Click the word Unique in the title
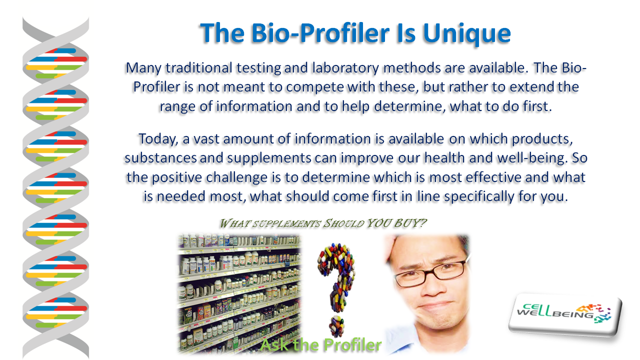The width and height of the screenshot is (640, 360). (x=467, y=33)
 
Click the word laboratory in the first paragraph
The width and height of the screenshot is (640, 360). (x=345, y=68)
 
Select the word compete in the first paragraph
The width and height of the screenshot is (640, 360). (x=314, y=87)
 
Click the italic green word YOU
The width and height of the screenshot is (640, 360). (x=378, y=223)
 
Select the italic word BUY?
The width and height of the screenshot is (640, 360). (x=409, y=223)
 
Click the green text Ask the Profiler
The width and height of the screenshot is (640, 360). (x=320, y=345)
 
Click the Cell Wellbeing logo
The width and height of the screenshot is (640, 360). (x=565, y=314)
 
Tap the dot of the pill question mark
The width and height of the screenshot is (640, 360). (x=336, y=326)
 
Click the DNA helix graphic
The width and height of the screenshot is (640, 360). (x=55, y=187)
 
